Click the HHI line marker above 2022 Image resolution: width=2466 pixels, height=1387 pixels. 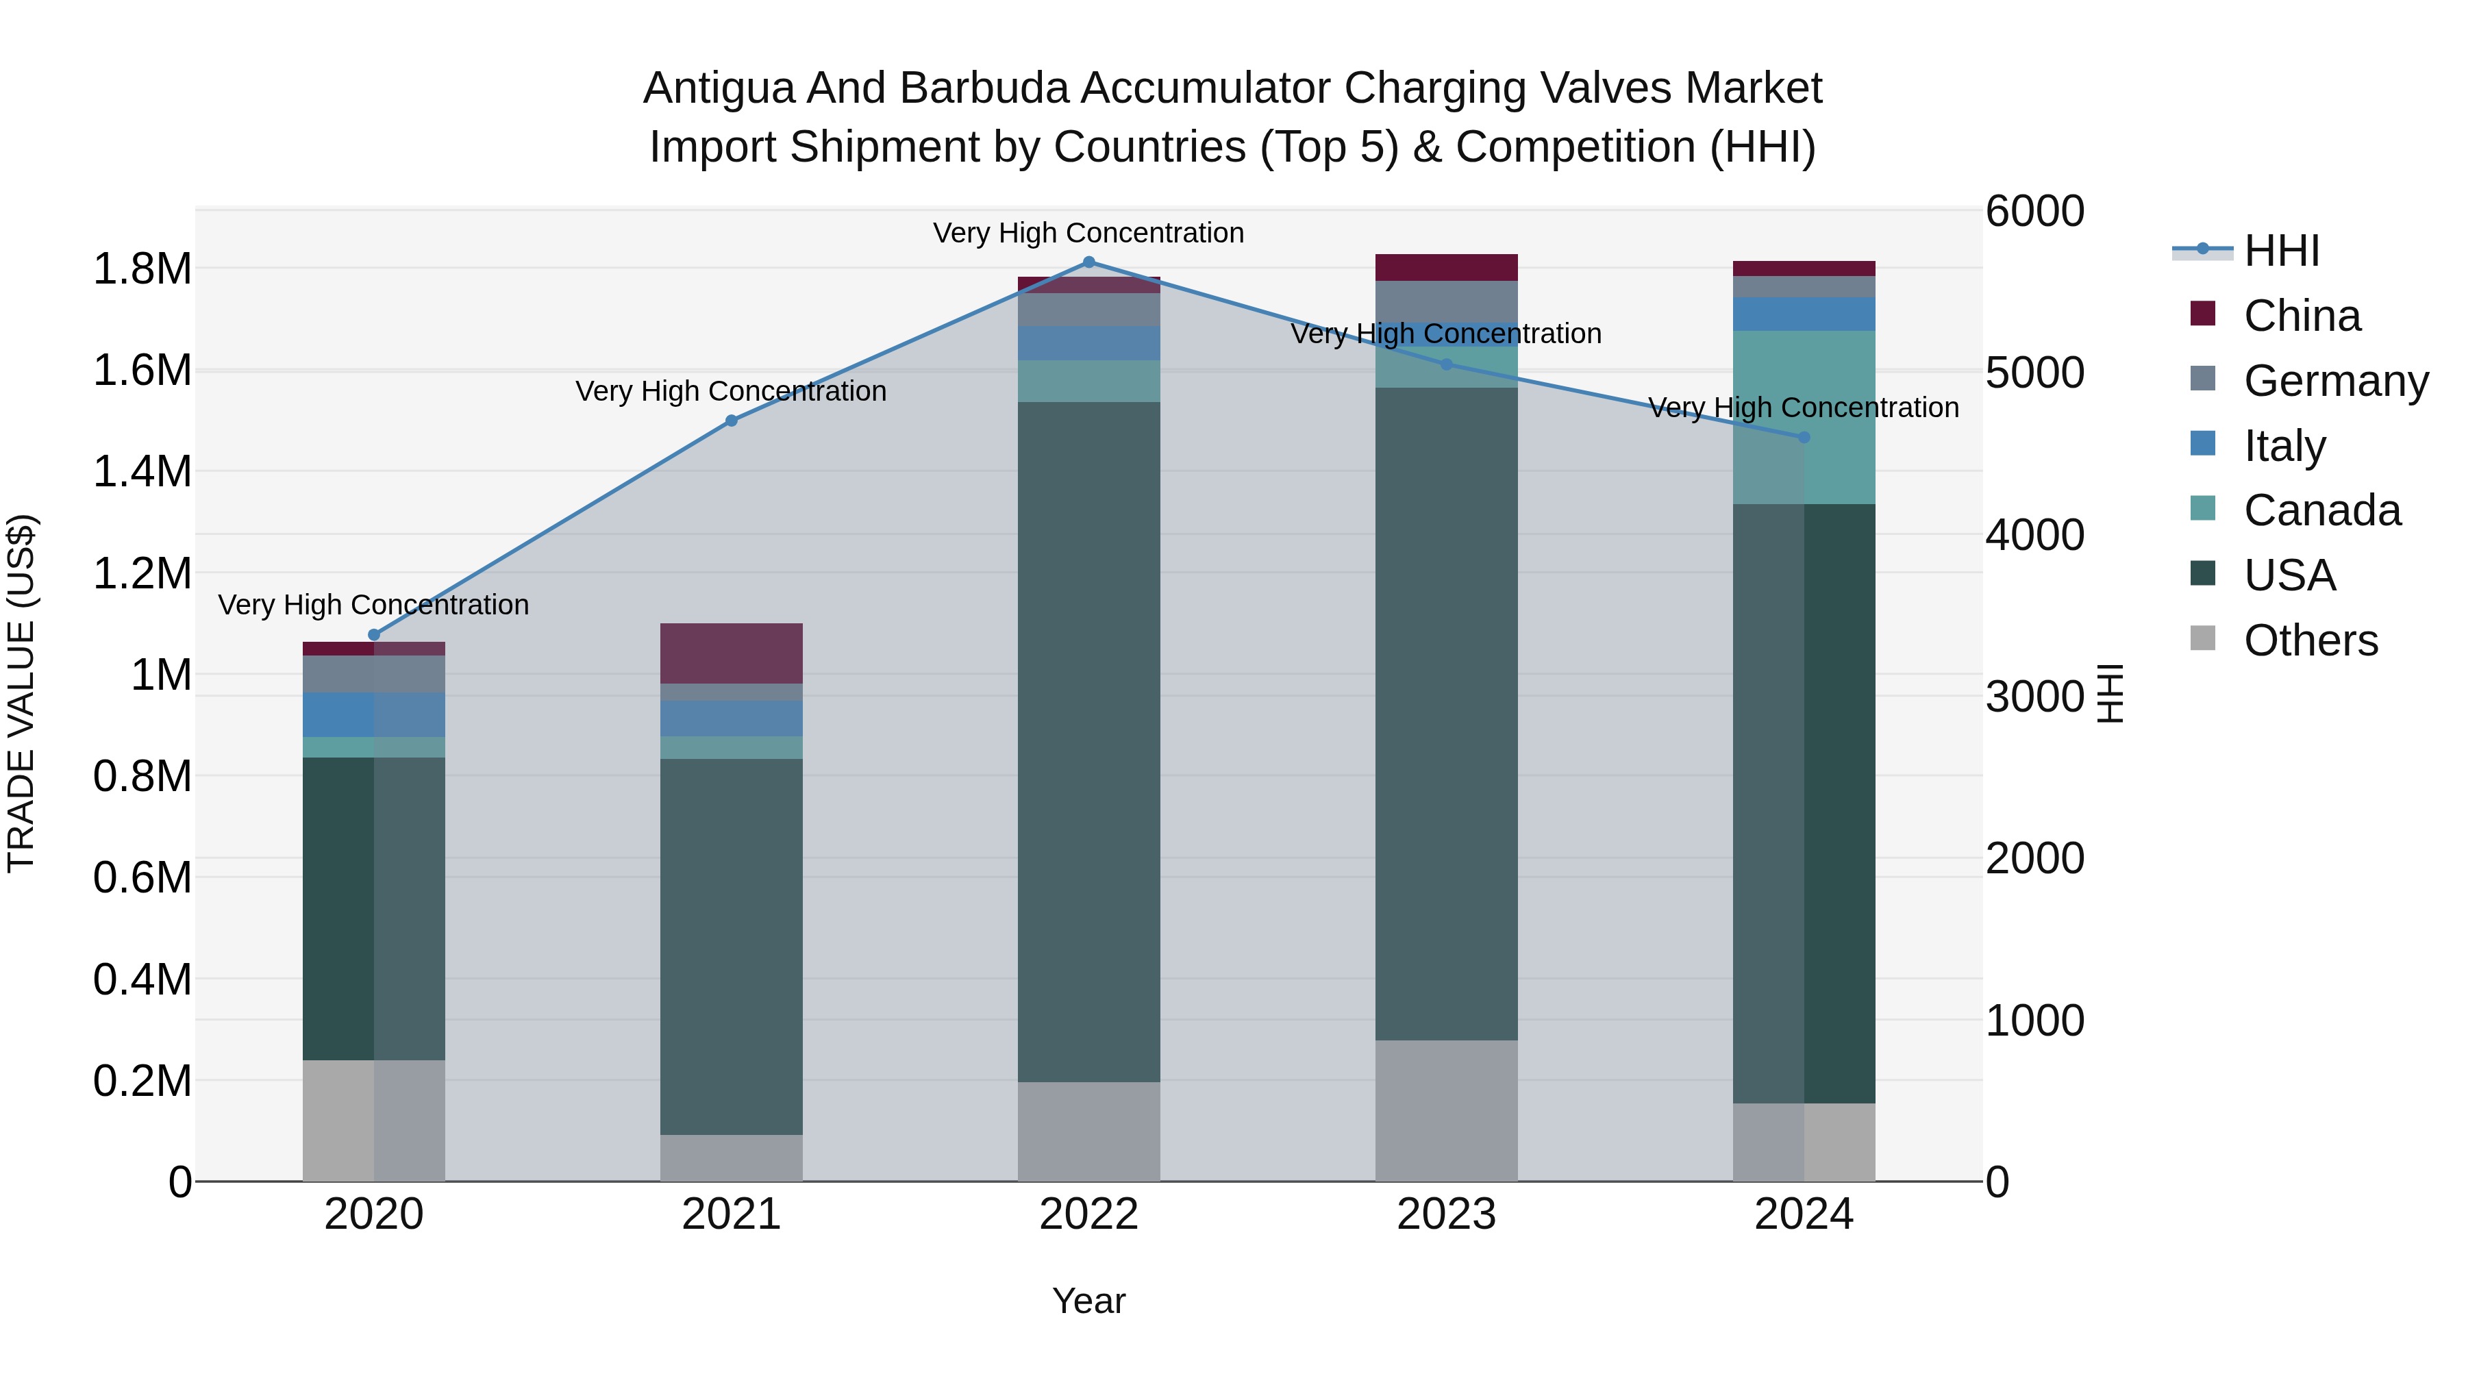[1088, 262]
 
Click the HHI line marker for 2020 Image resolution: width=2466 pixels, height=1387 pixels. [374, 635]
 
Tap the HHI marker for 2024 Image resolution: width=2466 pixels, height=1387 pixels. [1804, 438]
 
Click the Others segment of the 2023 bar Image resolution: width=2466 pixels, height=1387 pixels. [1447, 1110]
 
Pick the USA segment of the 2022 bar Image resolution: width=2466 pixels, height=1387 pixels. [1088, 742]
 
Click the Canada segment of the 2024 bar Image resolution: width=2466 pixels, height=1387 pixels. [1804, 417]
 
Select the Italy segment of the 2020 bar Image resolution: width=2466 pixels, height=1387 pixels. [374, 714]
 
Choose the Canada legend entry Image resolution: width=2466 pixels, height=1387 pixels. [2321, 510]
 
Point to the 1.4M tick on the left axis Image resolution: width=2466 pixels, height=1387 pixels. [142, 472]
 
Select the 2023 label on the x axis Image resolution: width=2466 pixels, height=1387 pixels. [1447, 1214]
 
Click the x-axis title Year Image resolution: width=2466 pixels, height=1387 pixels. [1088, 1301]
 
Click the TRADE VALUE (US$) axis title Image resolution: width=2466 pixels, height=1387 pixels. [21, 693]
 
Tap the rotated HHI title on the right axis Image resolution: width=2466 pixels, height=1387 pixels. [2110, 693]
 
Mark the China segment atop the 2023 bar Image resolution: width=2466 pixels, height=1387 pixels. [1447, 267]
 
